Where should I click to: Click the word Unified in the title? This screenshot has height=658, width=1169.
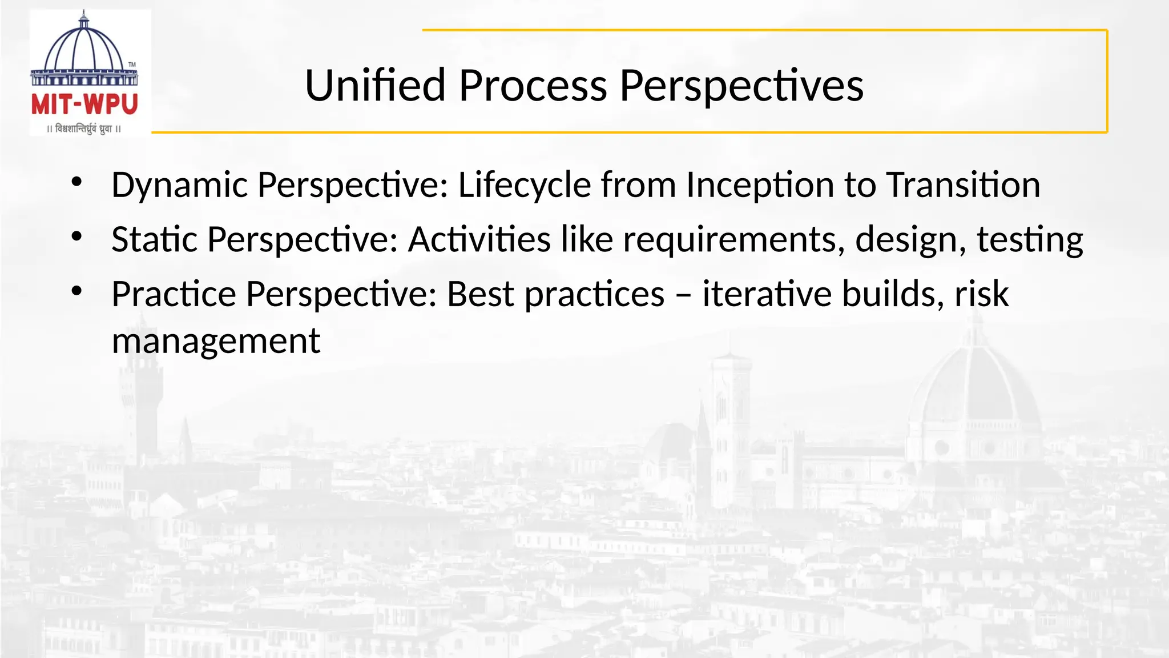click(375, 86)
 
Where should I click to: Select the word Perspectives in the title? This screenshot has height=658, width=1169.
click(741, 86)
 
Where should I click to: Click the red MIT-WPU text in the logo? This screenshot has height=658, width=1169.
click(84, 105)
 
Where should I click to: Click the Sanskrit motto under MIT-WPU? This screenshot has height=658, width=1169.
click(84, 129)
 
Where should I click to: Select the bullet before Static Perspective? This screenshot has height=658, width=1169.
click(77, 236)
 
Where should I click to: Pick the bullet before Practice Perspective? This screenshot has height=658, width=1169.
click(77, 291)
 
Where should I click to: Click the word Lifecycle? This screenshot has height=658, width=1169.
click(524, 186)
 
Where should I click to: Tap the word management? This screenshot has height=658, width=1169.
click(216, 342)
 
